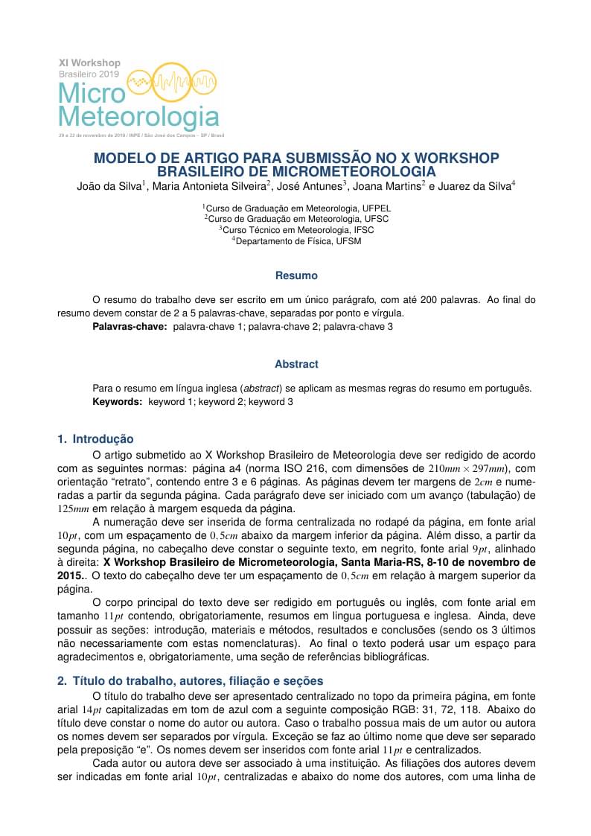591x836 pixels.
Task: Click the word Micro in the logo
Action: (91, 93)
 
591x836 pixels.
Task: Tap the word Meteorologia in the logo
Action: (138, 118)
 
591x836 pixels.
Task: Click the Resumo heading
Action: (296, 275)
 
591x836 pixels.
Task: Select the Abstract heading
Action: (296, 364)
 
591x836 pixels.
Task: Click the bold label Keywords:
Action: (117, 401)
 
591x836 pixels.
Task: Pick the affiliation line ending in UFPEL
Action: (297, 208)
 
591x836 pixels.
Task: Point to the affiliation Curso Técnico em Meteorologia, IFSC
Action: (297, 230)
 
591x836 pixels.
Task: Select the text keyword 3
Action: (271, 401)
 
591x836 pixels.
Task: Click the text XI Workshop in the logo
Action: (89, 63)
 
